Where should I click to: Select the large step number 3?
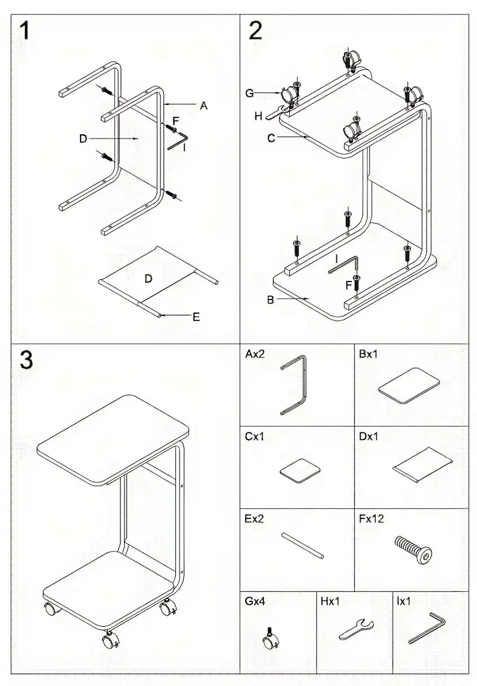pos(26,360)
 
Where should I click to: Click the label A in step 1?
pos(203,106)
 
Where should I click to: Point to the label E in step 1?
pos(196,317)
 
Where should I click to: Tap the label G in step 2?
pos(250,92)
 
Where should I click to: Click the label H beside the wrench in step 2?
pos(258,116)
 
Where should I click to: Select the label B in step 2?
pos(270,299)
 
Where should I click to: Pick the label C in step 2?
pos(271,138)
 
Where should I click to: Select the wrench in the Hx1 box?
pos(356,628)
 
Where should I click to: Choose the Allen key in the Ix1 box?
pos(427,628)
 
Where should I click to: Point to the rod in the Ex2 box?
pos(303,545)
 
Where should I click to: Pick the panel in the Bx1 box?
pos(410,387)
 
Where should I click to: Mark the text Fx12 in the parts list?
pos(371,519)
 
